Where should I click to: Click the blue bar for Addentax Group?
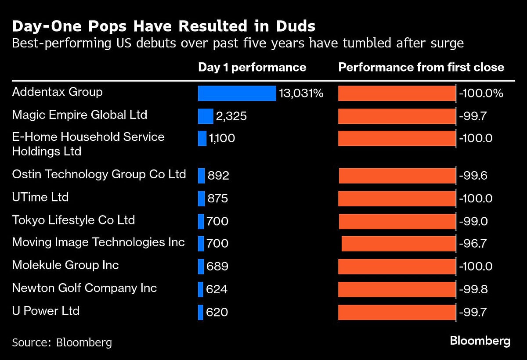(237, 93)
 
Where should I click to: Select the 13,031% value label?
(301, 93)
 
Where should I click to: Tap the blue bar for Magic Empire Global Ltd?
(206, 116)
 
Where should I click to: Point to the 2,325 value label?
(231, 116)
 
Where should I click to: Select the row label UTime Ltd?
(40, 197)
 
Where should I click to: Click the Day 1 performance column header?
(252, 67)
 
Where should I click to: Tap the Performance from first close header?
(421, 67)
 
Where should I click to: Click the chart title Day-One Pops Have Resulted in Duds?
(163, 26)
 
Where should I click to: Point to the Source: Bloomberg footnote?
(62, 342)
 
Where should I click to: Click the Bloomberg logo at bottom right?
(480, 341)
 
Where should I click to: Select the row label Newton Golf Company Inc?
(84, 288)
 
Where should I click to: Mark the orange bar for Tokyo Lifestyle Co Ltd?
(397, 221)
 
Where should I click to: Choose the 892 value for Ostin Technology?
(218, 176)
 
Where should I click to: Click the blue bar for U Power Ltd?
(201, 312)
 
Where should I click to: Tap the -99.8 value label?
(473, 289)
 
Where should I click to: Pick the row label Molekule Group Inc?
(65, 265)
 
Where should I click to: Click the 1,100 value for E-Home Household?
(222, 138)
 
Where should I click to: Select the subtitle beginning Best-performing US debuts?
(238, 43)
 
